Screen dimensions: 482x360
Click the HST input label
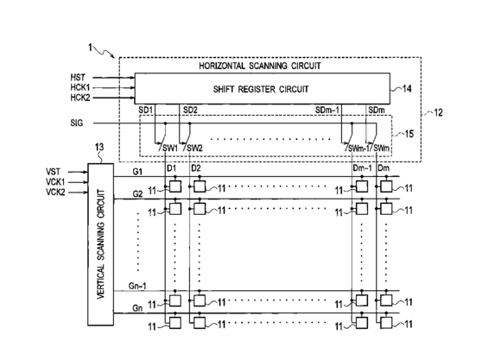coord(78,78)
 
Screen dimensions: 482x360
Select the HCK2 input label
coord(80,98)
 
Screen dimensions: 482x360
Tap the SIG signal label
coord(77,123)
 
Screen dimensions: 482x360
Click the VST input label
coord(53,172)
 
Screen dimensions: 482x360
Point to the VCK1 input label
coord(55,182)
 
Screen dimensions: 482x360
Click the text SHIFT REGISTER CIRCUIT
coord(261,90)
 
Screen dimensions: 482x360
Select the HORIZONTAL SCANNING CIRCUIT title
coord(260,66)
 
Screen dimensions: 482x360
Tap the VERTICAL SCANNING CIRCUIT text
coord(101,244)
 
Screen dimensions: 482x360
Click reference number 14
coord(407,89)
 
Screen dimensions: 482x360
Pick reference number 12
coord(438,113)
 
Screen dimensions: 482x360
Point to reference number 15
coord(409,134)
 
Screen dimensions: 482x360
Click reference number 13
coord(99,147)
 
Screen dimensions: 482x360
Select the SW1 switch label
coord(170,148)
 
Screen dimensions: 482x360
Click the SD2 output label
coord(190,110)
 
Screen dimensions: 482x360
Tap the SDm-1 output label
coord(327,110)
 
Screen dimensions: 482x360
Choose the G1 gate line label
coord(137,172)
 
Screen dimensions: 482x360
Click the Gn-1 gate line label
coord(137,286)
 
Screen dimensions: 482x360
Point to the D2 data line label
coord(196,168)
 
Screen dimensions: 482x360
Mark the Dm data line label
coord(384,168)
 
